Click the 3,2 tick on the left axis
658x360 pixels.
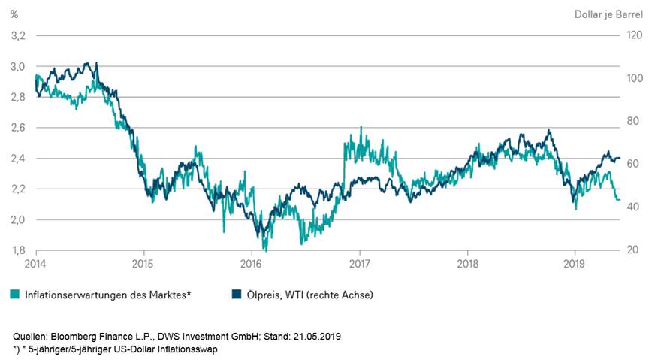point(17,35)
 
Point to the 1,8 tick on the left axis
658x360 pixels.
point(17,250)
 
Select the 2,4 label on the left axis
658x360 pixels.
point(17,159)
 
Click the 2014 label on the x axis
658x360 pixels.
point(35,265)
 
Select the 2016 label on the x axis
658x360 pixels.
point(251,265)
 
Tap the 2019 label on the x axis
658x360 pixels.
point(575,265)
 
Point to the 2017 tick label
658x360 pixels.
point(359,265)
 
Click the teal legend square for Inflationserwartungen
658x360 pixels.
point(16,295)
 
